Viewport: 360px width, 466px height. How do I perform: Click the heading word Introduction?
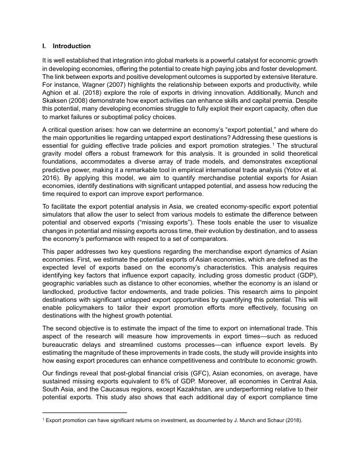pyautogui.click(x=71, y=46)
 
